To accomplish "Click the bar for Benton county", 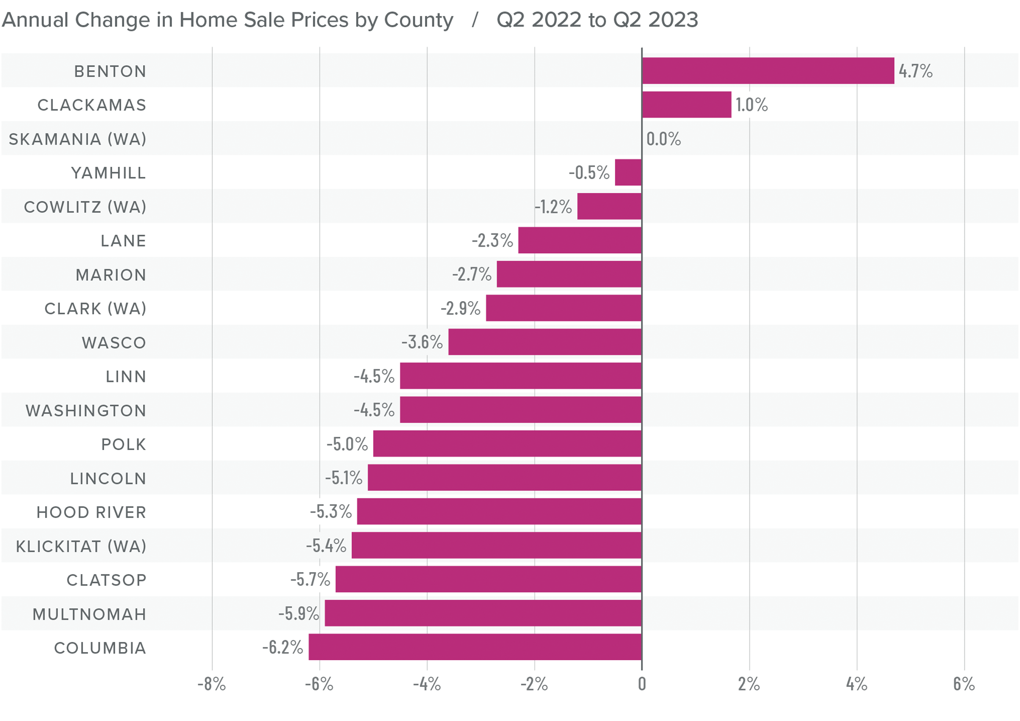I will pyautogui.click(x=768, y=71).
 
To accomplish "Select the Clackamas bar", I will pyautogui.click(x=687, y=105).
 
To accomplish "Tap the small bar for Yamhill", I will pyautogui.click(x=628, y=172).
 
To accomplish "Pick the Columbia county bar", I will pyautogui.click(x=475, y=647).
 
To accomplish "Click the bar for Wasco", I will pyautogui.click(x=545, y=342).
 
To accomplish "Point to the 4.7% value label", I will pyautogui.click(x=915, y=71).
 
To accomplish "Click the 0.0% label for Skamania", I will pyautogui.click(x=663, y=139).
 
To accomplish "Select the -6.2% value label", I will pyautogui.click(x=283, y=647).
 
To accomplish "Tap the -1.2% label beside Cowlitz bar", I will pyautogui.click(x=553, y=207).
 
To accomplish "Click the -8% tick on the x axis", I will pyautogui.click(x=212, y=684).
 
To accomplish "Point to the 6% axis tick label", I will pyautogui.click(x=964, y=684).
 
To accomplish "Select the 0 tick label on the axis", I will pyautogui.click(x=641, y=684).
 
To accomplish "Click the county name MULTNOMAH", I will pyautogui.click(x=89, y=614).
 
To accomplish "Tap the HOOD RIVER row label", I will pyautogui.click(x=91, y=513).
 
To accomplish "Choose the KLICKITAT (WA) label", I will pyautogui.click(x=81, y=546).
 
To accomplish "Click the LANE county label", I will pyautogui.click(x=123, y=241).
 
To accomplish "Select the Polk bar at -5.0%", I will pyautogui.click(x=507, y=444).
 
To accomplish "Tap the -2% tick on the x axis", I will pyautogui.click(x=534, y=684).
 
